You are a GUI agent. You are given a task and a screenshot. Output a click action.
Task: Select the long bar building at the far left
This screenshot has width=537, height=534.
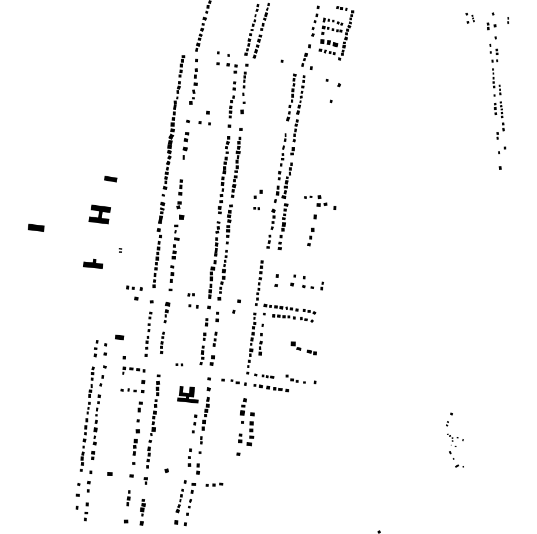36,228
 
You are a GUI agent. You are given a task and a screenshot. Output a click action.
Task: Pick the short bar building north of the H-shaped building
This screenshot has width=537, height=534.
111,179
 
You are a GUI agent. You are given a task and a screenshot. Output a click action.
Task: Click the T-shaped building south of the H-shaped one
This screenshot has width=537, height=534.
94,265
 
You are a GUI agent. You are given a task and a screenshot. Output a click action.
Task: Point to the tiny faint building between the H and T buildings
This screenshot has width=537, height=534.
120,250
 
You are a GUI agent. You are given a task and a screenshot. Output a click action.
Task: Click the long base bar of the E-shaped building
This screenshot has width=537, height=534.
188,400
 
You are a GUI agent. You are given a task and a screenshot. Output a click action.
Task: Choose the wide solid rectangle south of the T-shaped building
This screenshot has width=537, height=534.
120,338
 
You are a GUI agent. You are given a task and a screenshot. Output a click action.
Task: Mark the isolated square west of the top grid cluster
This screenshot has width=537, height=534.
282,61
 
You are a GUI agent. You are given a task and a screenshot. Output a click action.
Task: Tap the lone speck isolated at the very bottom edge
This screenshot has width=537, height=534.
379,532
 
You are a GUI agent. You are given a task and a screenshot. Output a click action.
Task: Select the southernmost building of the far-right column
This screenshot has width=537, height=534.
500,168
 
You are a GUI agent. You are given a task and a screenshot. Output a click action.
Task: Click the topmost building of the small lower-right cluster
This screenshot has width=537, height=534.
452,414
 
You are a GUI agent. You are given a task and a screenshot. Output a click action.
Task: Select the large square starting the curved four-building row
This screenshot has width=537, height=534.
293,344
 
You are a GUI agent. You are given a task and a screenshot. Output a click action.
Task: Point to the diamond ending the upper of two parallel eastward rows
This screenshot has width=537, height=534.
314,313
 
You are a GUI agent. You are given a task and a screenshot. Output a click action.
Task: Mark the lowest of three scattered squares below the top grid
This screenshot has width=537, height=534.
331,102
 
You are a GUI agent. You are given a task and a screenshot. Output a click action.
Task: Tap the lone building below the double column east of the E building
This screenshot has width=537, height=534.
238,454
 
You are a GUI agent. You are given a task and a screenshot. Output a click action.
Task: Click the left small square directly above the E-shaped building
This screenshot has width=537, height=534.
177,365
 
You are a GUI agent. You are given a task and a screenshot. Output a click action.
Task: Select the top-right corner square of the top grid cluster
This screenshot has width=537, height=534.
352,12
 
